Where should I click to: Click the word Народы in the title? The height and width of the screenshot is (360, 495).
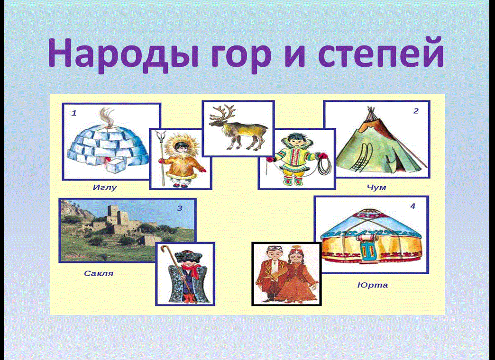pos(124,54)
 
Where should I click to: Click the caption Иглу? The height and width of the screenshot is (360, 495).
pos(104,188)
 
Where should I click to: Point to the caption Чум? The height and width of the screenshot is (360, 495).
pos(376,188)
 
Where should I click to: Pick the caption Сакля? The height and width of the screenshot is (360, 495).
pos(99,273)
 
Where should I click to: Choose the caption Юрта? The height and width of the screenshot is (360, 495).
pos(373,285)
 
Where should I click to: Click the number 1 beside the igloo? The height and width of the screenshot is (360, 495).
pos(74,113)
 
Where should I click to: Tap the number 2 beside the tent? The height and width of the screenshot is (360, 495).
pos(416,111)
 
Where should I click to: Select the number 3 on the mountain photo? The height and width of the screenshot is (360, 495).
pos(180,208)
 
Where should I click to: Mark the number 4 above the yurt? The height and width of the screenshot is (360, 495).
pos(412,206)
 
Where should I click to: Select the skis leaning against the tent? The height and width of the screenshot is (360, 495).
pos(360,157)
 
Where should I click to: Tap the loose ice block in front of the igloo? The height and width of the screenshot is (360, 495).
pos(116,165)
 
